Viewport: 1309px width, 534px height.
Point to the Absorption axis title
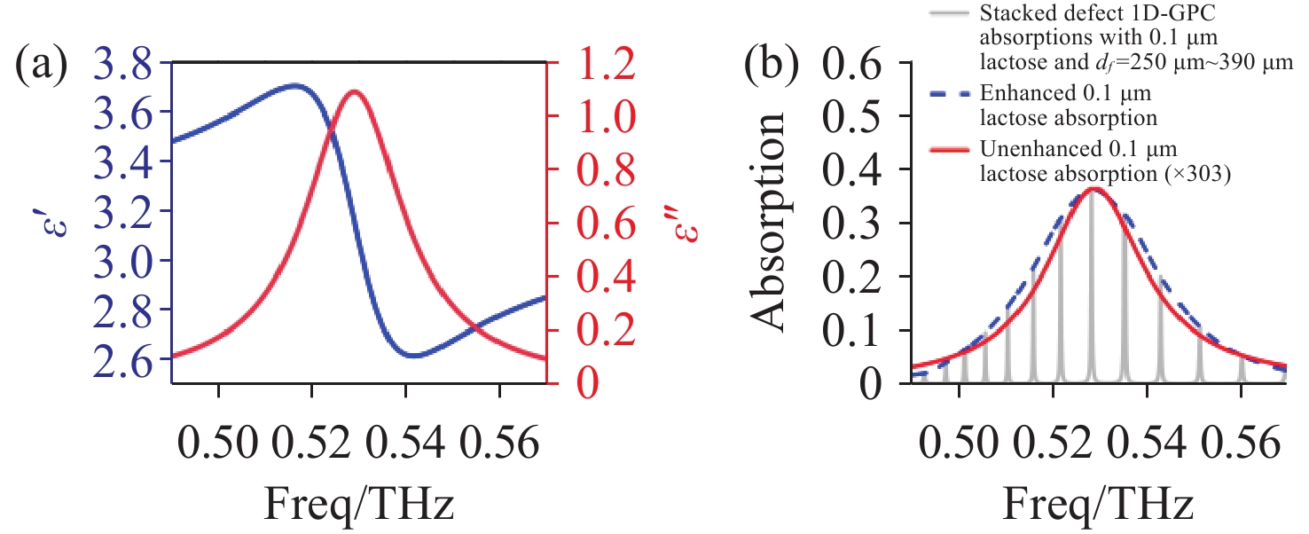tap(769, 222)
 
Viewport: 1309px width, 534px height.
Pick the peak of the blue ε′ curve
tap(295, 85)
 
